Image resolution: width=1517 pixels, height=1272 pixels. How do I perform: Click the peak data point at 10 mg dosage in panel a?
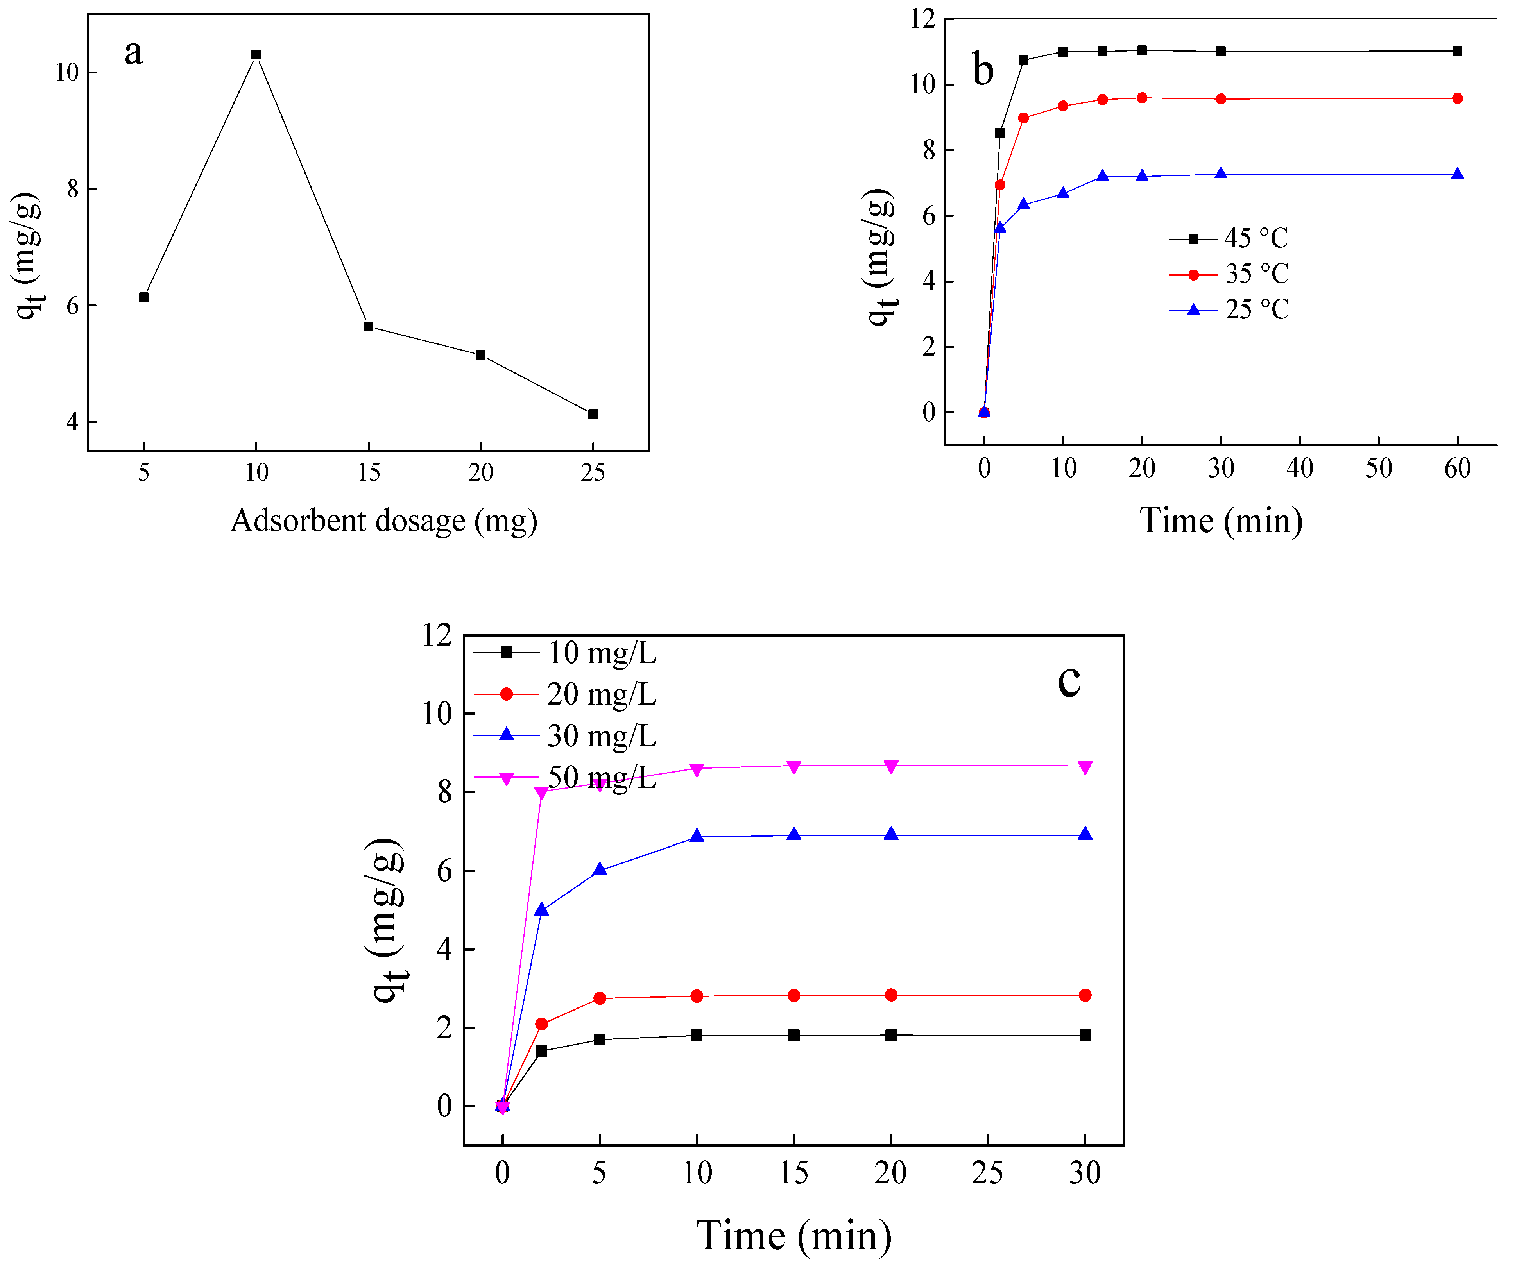(256, 55)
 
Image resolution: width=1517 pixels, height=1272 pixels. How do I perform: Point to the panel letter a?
(134, 52)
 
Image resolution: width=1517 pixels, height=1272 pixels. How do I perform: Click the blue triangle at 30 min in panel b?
(1221, 174)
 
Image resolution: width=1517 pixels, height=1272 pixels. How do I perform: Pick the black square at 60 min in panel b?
(1457, 51)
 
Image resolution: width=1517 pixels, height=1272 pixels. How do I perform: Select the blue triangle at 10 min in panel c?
(697, 836)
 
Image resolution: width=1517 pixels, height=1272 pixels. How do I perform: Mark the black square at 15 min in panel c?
(794, 1035)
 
